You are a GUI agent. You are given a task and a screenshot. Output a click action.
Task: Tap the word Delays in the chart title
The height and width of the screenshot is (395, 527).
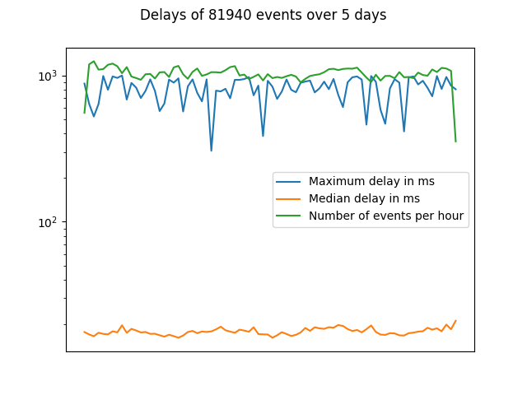[x=161, y=15]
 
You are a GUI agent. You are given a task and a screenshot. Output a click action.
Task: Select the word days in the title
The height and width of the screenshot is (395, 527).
[x=371, y=16]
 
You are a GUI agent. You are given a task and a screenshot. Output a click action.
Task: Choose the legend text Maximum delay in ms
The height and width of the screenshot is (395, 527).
[x=371, y=181]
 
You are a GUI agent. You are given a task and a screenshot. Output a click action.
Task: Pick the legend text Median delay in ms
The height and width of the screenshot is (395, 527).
[x=364, y=198]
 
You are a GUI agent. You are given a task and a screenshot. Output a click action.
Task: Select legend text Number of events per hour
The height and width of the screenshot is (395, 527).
[x=386, y=216]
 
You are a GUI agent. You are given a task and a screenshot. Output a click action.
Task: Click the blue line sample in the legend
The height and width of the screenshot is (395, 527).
[x=289, y=182]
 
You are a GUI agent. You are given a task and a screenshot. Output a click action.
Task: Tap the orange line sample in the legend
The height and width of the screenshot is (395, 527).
[x=289, y=199]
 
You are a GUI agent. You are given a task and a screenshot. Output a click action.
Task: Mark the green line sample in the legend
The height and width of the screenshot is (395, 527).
[x=289, y=216]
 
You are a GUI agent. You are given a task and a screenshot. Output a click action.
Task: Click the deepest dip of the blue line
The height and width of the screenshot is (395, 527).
[x=212, y=151]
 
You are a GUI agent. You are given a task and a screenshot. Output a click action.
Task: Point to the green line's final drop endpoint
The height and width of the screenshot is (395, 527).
[x=455, y=142]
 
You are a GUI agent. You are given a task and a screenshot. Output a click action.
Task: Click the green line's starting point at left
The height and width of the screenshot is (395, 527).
[x=84, y=113]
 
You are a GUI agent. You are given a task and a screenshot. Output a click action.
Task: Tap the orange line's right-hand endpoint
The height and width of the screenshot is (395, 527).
[x=455, y=320]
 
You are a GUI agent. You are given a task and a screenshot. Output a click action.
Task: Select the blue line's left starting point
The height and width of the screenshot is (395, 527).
[x=84, y=83]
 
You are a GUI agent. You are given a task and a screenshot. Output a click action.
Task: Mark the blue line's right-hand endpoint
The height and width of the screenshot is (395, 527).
[x=455, y=90]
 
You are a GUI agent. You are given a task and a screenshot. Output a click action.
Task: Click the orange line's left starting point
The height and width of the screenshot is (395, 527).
[x=84, y=332]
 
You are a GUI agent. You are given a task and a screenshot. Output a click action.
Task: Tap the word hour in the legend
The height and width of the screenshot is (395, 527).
[x=450, y=216]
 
